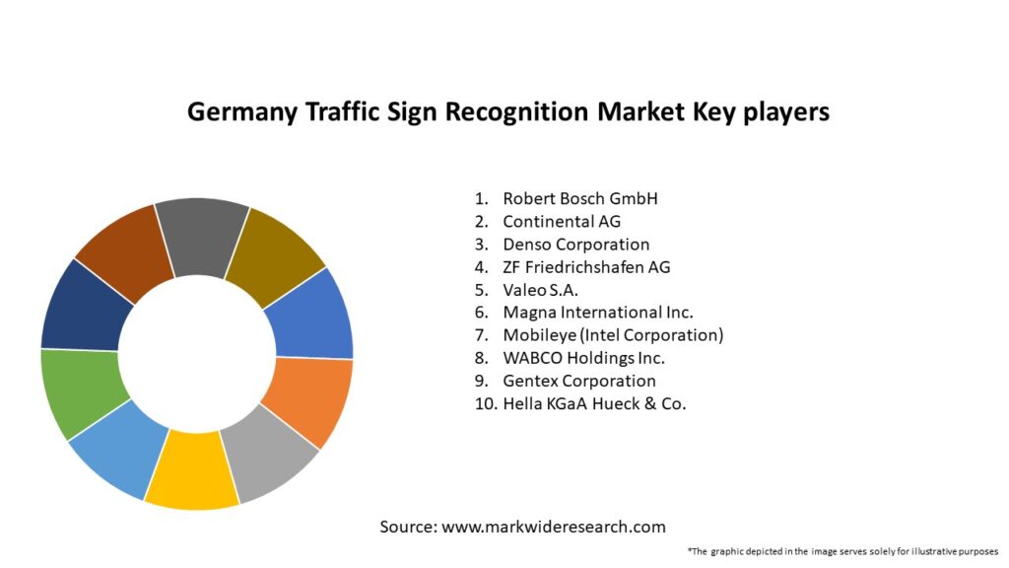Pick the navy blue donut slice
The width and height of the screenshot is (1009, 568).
[85, 306]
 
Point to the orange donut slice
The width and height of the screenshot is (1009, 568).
[307, 399]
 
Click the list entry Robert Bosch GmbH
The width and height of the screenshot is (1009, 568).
[579, 198]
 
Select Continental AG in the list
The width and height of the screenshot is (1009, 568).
[562, 221]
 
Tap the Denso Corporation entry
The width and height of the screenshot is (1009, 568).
[575, 244]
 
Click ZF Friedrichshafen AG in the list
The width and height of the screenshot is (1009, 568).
[586, 266]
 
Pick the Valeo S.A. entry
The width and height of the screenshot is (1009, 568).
[540, 290]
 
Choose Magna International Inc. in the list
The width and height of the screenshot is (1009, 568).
[598, 313]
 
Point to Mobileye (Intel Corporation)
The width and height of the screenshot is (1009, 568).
[613, 335]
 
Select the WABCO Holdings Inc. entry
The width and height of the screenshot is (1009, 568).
[583, 358]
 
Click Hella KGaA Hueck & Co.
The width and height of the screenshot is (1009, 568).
[594, 403]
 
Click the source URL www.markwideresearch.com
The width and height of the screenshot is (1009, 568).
[553, 527]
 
